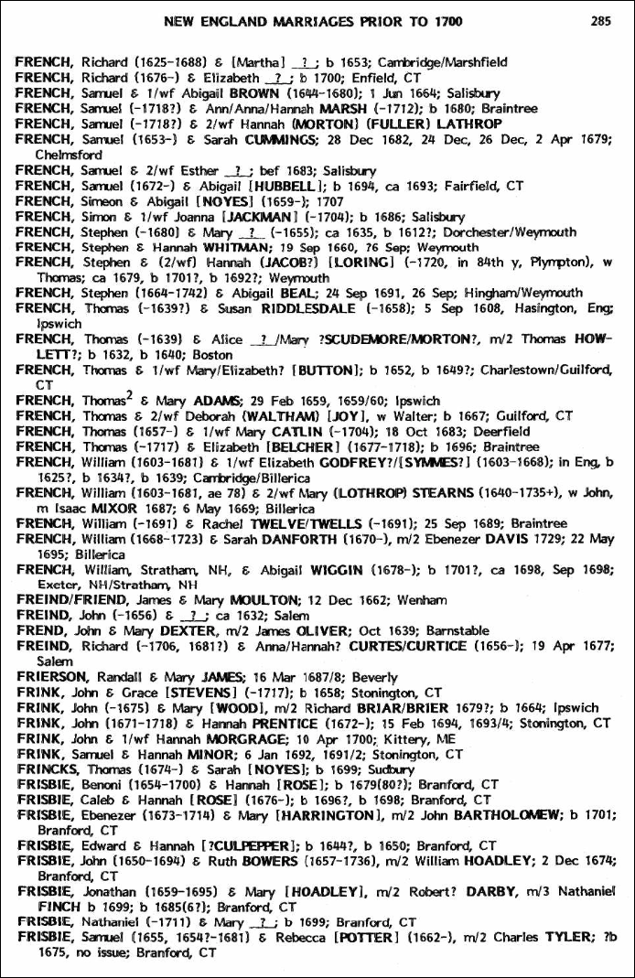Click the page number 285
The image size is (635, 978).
coord(600,21)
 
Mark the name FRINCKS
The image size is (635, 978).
coord(48,769)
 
